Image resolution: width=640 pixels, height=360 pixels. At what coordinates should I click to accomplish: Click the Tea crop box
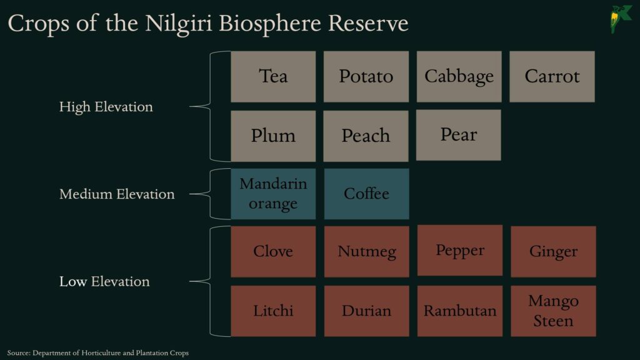tap(273, 76)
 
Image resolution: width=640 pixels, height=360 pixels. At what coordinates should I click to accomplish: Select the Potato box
tap(366, 76)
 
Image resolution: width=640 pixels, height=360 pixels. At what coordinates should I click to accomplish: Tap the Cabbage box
tap(459, 76)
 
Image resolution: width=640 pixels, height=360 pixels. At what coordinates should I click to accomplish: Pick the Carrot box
tap(552, 76)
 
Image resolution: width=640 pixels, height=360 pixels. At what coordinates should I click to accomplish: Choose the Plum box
tap(273, 136)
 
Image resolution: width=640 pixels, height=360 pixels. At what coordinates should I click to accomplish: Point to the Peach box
tap(366, 136)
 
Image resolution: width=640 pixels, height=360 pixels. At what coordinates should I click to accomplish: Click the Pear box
tap(459, 135)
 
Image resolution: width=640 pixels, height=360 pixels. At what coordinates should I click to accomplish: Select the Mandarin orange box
tap(273, 194)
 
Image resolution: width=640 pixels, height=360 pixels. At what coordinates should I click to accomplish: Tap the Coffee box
tap(366, 194)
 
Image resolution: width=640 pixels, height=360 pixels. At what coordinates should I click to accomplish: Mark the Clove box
tap(273, 251)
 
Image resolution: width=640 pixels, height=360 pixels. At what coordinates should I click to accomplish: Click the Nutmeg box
tap(366, 251)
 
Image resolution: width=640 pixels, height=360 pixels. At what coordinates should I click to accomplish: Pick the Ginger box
tap(553, 251)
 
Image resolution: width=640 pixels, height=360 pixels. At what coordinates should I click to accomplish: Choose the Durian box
tap(366, 311)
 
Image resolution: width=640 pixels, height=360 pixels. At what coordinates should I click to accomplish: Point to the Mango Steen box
tap(553, 311)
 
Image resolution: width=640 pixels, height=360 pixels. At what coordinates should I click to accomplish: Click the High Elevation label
tap(106, 107)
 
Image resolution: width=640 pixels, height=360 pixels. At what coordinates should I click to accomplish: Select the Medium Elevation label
tap(117, 194)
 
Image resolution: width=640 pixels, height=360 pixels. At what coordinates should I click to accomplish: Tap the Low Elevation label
tap(104, 281)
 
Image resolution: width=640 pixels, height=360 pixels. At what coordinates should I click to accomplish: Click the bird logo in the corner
tap(621, 19)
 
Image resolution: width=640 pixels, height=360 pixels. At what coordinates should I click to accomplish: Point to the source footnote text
tap(98, 353)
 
